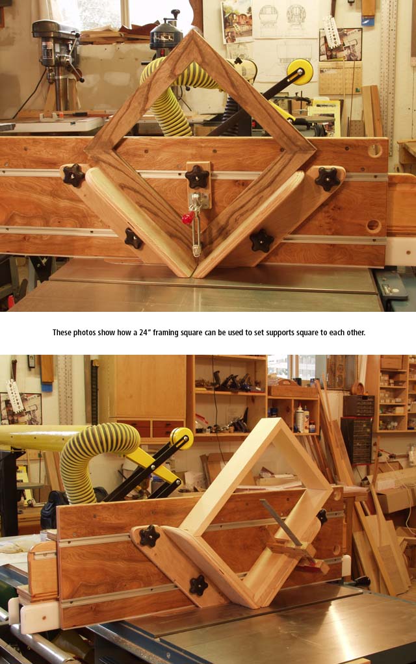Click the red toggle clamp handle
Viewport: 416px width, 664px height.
187,218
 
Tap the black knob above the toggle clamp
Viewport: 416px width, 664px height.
198,177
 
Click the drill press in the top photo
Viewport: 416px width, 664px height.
58,64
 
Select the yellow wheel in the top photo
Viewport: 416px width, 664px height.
300,72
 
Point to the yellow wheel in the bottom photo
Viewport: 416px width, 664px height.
182,439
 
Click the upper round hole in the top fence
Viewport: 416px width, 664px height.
374,149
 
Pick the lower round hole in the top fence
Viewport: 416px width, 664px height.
373,225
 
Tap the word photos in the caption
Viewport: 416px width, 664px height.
84,333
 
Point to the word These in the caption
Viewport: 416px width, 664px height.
62,333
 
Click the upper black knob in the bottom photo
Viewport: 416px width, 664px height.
149,537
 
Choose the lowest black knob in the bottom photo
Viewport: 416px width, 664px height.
198,585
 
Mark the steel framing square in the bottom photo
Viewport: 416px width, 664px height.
285,525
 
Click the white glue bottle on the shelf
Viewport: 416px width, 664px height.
300,418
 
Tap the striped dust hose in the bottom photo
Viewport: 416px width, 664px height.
97,457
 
